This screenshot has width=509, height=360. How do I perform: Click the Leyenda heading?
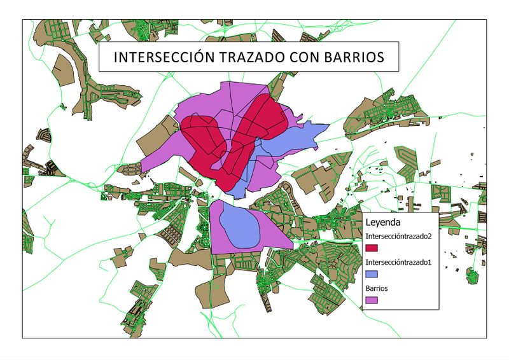382,223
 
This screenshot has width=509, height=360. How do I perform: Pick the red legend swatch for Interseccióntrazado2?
372,248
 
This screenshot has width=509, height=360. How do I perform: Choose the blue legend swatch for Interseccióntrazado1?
372,274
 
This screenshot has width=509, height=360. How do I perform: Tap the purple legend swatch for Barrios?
372,300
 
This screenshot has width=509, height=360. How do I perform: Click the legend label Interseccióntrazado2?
398,236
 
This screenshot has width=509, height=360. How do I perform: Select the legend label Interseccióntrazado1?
397,262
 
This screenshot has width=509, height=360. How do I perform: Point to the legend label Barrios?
377,288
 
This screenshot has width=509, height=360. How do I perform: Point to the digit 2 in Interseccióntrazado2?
428,236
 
